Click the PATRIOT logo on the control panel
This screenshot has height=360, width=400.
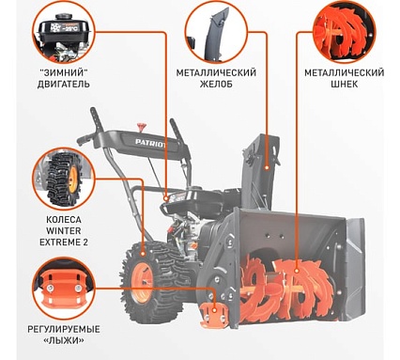tap(151, 143)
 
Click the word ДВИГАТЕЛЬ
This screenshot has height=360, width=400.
tap(64, 85)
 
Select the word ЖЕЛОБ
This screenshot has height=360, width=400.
tap(216, 85)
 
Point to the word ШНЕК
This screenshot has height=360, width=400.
tap(345, 85)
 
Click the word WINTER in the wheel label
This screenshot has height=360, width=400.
tap(64, 231)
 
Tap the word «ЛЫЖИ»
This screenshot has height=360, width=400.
tap(64, 340)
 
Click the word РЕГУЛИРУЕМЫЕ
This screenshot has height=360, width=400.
tap(64, 329)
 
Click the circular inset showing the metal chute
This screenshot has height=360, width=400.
tap(216, 32)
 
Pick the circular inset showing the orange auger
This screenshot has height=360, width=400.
tap(345, 32)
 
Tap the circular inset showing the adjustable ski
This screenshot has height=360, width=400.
tap(64, 289)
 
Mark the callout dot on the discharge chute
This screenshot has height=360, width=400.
tap(267, 168)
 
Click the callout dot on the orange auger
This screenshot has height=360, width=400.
tap(296, 270)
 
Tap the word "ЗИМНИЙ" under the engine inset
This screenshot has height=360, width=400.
tap(64, 73)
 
